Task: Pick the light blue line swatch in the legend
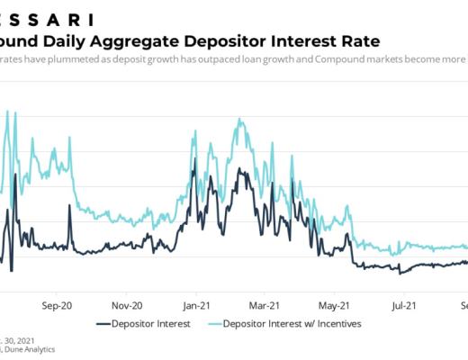217,323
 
